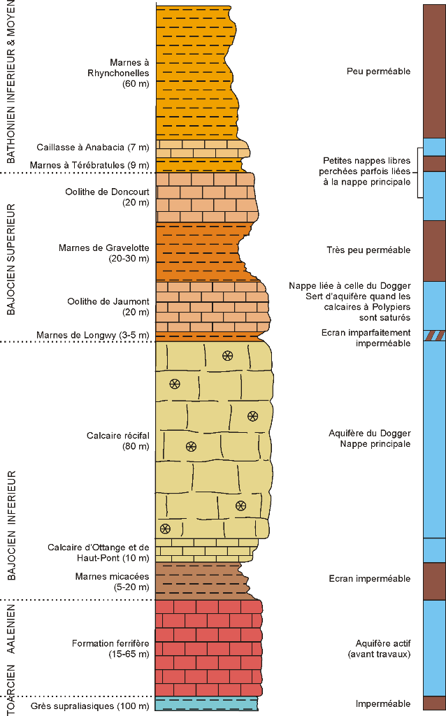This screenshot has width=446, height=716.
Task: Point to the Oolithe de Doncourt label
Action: click(x=123, y=197)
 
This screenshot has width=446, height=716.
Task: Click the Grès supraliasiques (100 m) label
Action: click(x=90, y=706)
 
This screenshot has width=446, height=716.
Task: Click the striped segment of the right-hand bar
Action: click(x=433, y=336)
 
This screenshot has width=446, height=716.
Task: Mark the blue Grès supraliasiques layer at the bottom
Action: click(x=206, y=704)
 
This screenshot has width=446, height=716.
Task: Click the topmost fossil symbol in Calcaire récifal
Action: click(x=227, y=356)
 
